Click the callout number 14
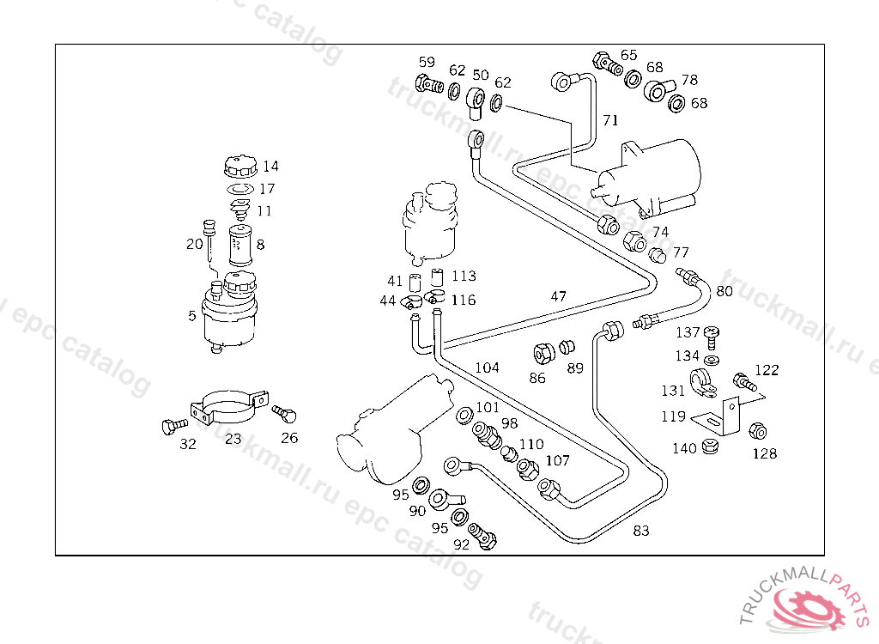point(270,166)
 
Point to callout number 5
point(192,315)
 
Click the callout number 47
point(559,296)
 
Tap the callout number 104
point(487,368)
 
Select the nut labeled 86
point(543,353)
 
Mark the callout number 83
point(641,530)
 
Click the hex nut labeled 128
point(757,431)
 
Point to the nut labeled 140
point(709,447)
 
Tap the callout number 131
point(673,391)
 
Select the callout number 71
point(609,120)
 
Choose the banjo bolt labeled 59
point(428,84)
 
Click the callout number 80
point(724,290)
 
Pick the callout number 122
point(767,370)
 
